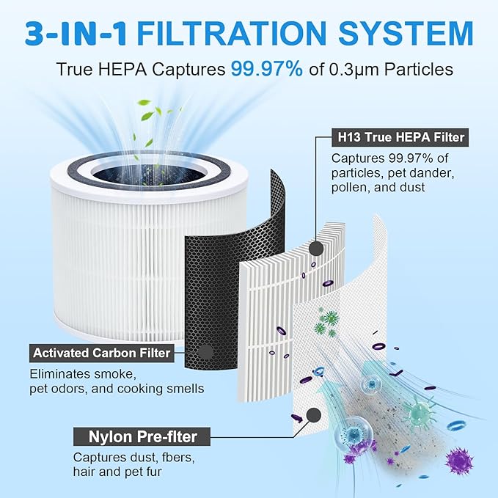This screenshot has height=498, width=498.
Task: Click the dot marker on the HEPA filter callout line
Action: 317,248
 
